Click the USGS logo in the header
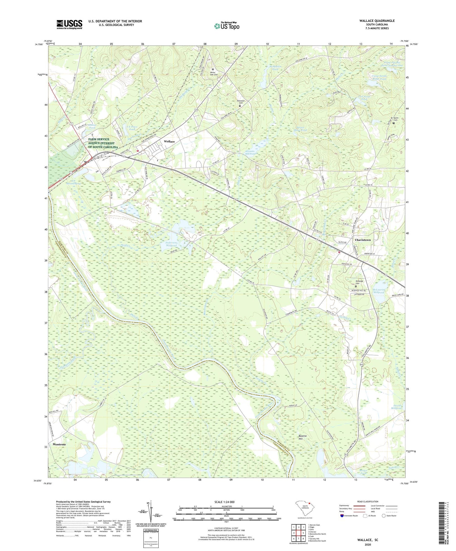point(69,24)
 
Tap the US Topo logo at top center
point(226,26)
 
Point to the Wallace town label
point(169,142)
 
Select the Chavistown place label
point(363,240)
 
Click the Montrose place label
point(59,444)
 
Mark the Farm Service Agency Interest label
point(103,143)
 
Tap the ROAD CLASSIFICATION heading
point(368,501)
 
